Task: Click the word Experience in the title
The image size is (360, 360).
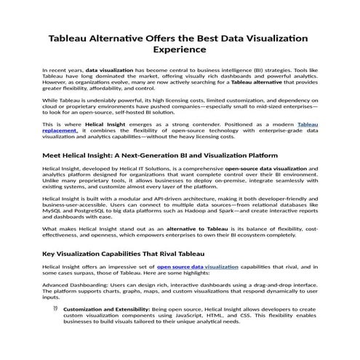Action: tap(180, 51)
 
